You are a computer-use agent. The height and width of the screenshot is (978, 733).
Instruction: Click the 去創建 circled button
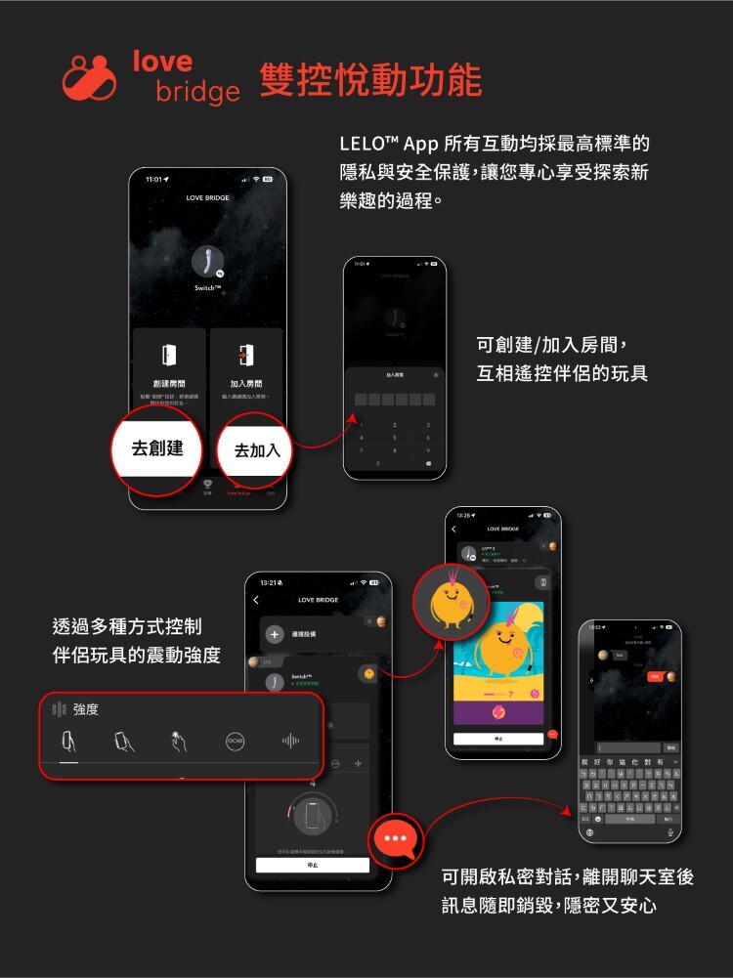157,448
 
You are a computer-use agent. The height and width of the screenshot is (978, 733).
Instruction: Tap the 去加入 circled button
256,449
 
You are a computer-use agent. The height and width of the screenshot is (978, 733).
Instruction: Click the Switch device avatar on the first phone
206,262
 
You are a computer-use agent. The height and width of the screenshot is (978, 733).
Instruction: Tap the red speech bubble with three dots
397,839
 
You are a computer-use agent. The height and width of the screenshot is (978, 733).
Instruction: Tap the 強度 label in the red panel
86,708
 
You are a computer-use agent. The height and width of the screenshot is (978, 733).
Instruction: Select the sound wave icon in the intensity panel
290,741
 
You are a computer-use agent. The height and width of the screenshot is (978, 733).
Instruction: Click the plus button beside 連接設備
275,635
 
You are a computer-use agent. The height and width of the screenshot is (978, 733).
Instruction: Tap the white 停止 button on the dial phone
312,865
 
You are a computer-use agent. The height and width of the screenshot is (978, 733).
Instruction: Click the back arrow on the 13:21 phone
256,600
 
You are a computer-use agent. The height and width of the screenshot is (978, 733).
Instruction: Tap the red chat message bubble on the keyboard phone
656,676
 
